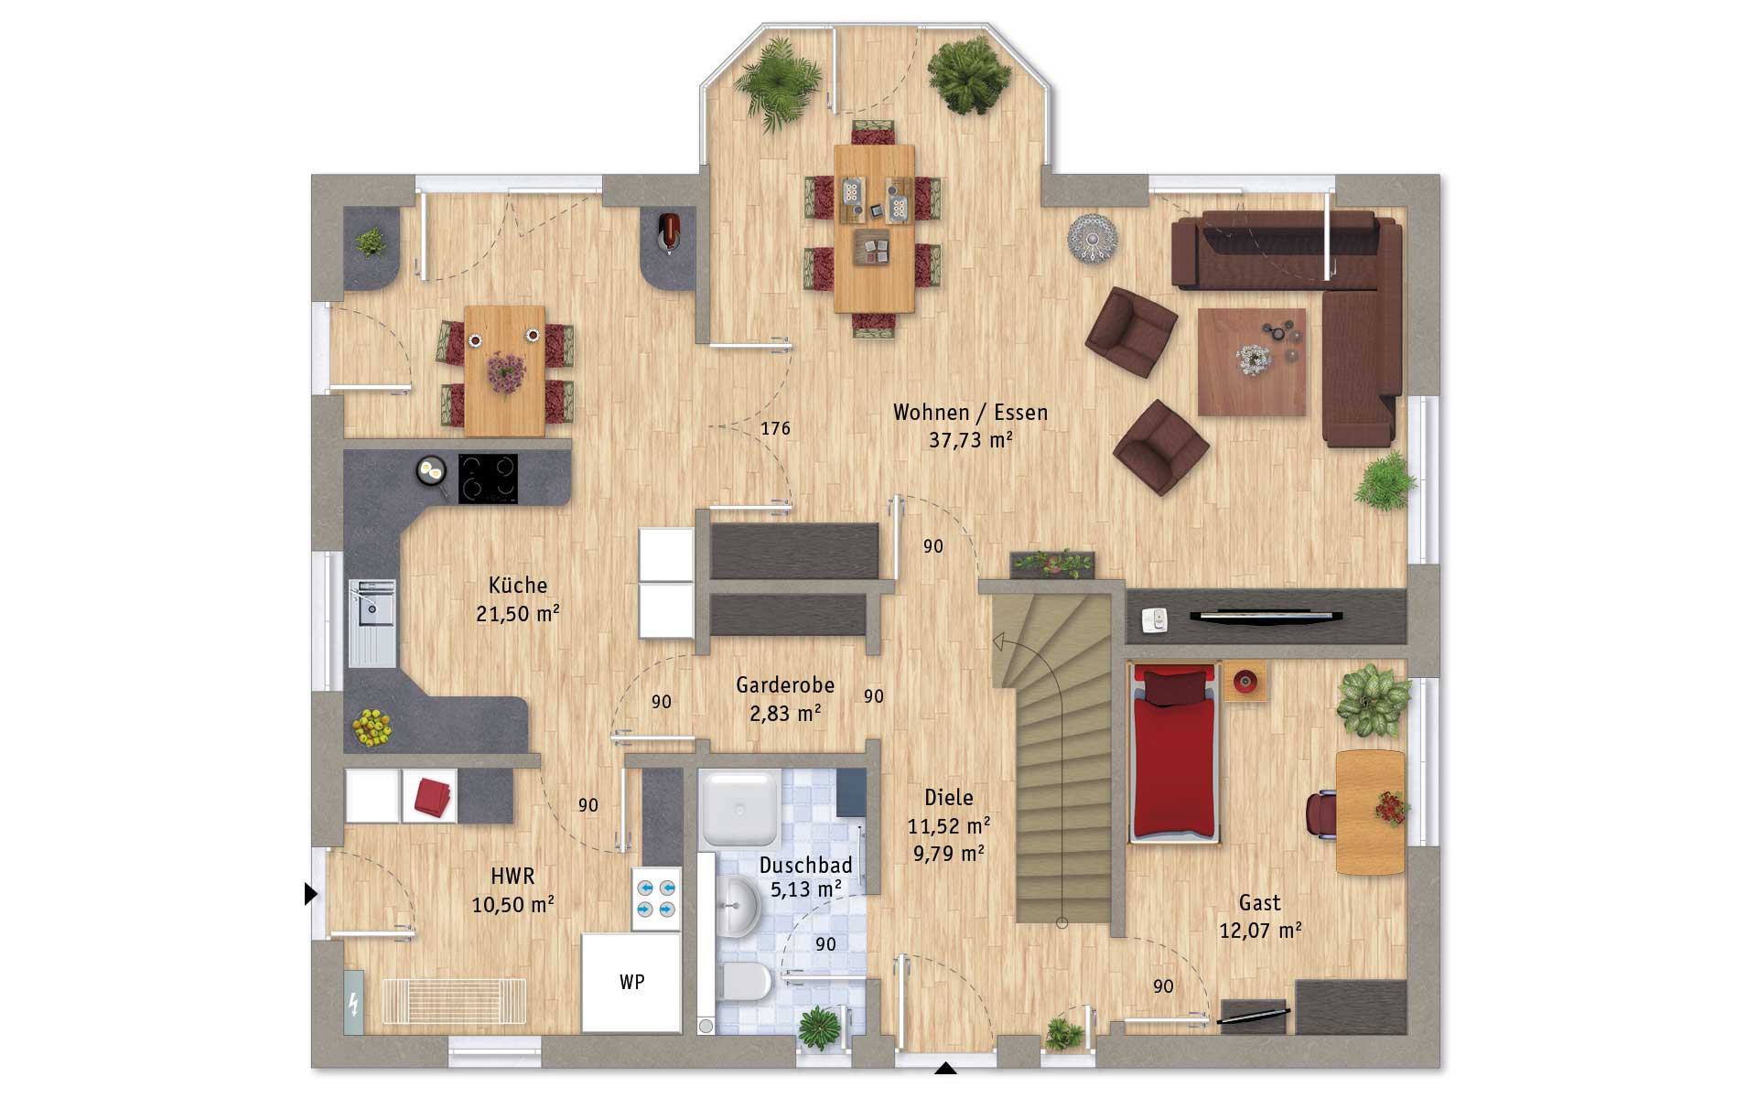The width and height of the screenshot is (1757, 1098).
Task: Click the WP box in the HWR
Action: (631, 982)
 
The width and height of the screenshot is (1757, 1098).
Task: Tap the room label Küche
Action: (518, 585)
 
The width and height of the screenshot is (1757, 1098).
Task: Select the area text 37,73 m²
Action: (971, 440)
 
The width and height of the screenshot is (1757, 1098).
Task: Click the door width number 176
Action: (775, 428)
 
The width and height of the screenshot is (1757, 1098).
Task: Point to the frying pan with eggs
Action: (431, 471)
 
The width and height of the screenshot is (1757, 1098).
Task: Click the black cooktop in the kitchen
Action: (488, 479)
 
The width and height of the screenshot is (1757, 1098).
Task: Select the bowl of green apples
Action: (372, 727)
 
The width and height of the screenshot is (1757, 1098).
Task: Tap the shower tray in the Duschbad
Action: (738, 808)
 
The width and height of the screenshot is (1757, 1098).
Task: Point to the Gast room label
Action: (1259, 903)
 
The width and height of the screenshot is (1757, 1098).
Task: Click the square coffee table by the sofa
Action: (1252, 362)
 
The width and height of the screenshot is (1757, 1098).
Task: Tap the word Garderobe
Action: (785, 684)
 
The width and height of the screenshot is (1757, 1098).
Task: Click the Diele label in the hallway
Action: (949, 797)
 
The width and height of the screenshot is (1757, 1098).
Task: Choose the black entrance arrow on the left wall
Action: (310, 893)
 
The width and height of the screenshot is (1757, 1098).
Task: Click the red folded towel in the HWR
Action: (434, 796)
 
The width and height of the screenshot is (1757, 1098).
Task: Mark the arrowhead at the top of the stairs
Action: (1000, 640)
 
